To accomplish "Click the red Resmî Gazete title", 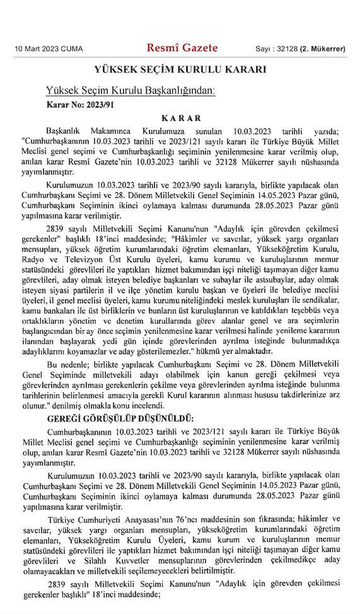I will (182, 48).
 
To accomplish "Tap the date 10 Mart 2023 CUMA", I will (49, 49).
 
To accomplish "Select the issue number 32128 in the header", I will (287, 49).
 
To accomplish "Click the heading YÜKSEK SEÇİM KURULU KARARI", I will (180, 69).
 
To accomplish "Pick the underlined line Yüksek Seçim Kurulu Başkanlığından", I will (130, 90).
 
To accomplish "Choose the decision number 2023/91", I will (100, 105).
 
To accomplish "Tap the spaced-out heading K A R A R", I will (181, 118).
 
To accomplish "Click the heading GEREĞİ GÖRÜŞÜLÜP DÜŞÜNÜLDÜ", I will (120, 418).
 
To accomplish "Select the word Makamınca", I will (110, 131).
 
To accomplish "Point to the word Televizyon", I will (84, 259).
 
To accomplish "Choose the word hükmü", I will (208, 351).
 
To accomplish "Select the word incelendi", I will (147, 406).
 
